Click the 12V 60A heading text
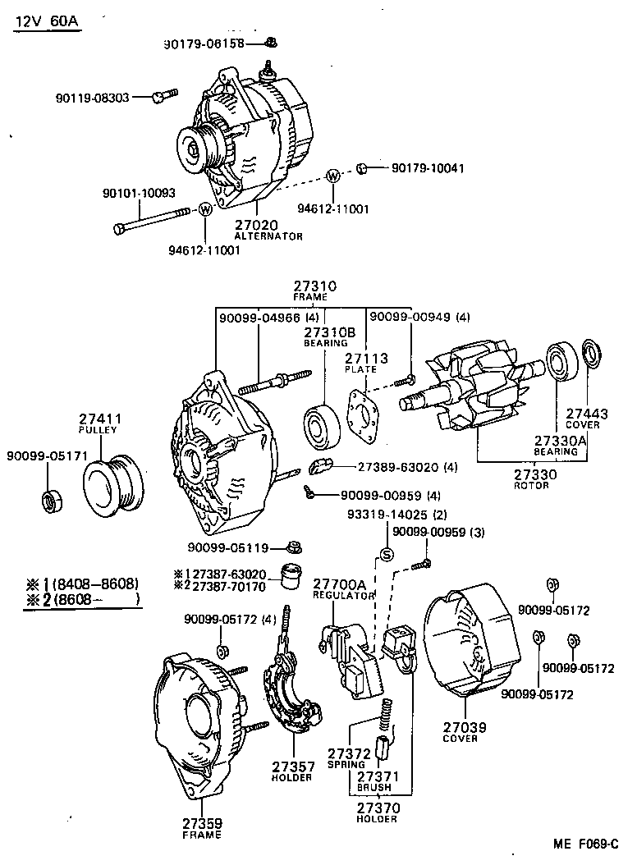(x=46, y=21)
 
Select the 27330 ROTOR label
(x=534, y=479)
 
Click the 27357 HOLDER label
(x=292, y=771)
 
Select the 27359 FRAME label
(x=202, y=828)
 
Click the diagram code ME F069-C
(x=584, y=843)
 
